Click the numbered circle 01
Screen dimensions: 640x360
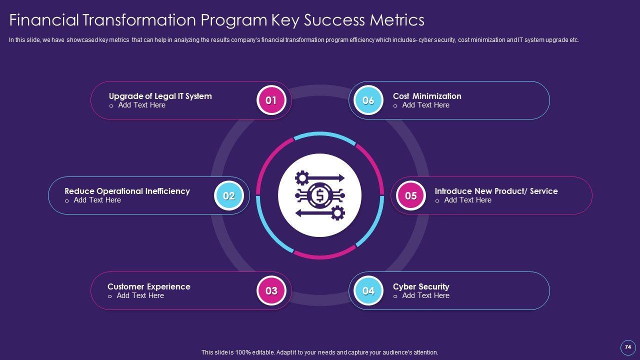click(271, 100)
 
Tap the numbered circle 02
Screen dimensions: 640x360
click(229, 195)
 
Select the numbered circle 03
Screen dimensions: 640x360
click(271, 290)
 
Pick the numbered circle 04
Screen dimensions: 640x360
click(368, 290)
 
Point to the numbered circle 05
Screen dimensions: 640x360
click(410, 195)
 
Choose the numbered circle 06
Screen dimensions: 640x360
click(368, 100)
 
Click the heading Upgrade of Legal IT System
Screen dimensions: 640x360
click(160, 96)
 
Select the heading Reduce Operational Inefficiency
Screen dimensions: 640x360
click(127, 191)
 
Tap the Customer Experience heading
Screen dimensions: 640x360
click(148, 286)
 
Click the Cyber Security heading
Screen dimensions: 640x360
click(421, 286)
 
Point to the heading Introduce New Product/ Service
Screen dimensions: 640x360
click(496, 191)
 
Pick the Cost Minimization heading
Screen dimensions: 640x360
click(427, 96)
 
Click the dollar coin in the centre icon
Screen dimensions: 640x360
click(319, 195)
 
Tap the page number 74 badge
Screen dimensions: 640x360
click(628, 347)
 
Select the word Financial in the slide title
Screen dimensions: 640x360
click(43, 20)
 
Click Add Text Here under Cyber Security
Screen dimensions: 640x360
click(425, 295)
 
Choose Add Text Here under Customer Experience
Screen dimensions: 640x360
click(140, 295)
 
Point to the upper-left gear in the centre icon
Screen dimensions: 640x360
click(302, 178)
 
